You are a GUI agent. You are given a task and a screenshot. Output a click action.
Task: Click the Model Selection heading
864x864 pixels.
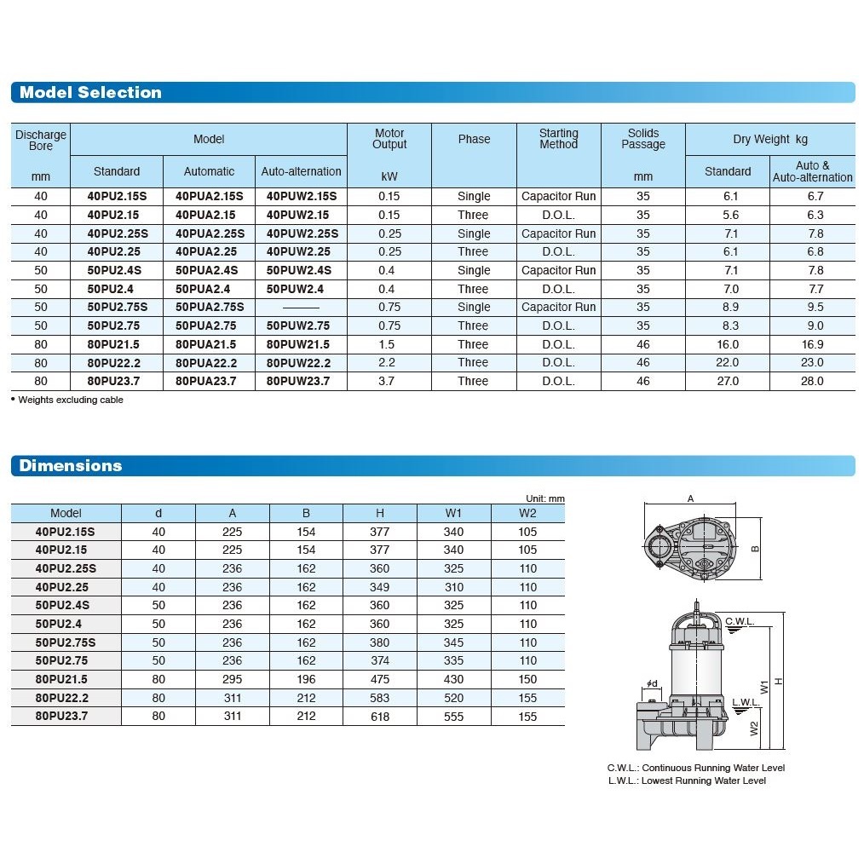[x=90, y=93]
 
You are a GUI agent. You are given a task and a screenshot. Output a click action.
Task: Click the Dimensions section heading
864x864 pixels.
[x=71, y=466]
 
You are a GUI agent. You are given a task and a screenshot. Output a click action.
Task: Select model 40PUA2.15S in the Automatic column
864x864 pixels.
[x=209, y=196]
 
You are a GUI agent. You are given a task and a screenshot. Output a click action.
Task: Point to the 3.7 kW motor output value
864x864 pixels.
[x=388, y=381]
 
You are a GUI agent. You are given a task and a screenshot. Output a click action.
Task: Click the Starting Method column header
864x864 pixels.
[x=558, y=139]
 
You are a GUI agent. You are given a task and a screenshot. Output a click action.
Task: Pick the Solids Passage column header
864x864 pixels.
[x=642, y=139]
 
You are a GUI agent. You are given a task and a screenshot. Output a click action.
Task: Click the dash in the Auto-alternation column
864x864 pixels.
[x=301, y=307]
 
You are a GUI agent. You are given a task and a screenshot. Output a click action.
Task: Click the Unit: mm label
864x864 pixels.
[x=544, y=498]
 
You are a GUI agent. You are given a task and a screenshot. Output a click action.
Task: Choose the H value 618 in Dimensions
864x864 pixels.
[x=380, y=717]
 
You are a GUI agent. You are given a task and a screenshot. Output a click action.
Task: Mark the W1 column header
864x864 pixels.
[x=453, y=513]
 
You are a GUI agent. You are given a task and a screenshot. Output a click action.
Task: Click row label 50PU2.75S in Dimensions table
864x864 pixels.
[x=66, y=642]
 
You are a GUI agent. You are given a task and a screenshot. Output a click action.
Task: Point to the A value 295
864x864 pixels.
[x=232, y=679]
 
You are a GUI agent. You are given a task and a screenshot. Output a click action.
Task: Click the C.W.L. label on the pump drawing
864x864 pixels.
[x=740, y=621]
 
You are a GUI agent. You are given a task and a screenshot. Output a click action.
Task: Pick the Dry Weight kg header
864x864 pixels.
[x=769, y=139]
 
